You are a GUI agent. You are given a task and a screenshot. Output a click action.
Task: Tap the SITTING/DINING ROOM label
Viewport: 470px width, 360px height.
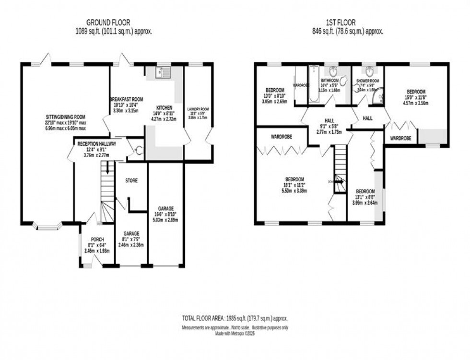tap(65, 116)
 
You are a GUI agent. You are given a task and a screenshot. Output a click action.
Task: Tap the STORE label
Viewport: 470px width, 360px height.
tap(131, 181)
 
